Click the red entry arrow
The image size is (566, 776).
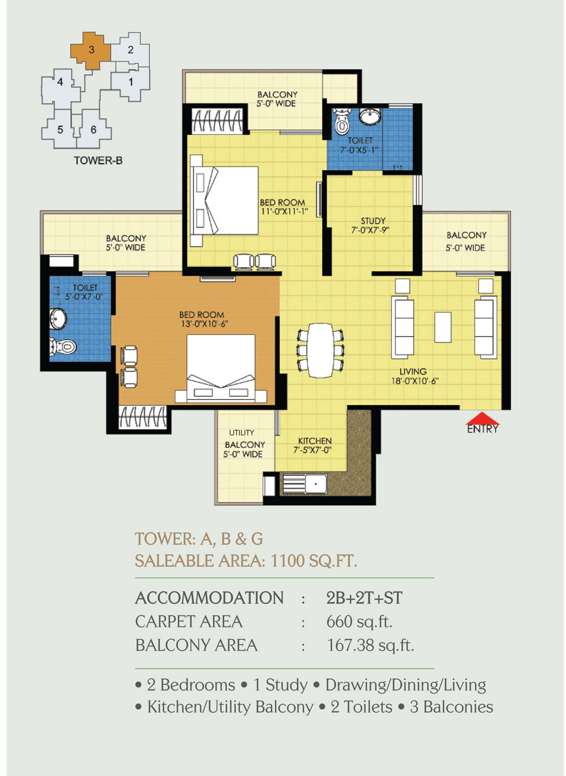pyautogui.click(x=482, y=418)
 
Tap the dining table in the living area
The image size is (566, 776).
pyautogui.click(x=321, y=350)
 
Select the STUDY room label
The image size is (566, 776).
pyautogui.click(x=373, y=221)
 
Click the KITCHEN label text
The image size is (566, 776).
pyautogui.click(x=315, y=441)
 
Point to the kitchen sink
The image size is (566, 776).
pyautogui.click(x=316, y=483)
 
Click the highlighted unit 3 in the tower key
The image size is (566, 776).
pyautogui.click(x=91, y=50)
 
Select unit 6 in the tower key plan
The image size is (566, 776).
pyautogui.click(x=93, y=129)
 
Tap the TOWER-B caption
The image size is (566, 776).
pyautogui.click(x=98, y=160)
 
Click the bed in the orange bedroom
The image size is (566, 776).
pyautogui.click(x=221, y=368)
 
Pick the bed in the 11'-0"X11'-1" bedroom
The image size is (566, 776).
pyautogui.click(x=225, y=200)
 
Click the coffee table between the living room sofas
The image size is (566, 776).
pyautogui.click(x=443, y=327)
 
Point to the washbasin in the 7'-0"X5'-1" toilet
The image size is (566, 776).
pyautogui.click(x=370, y=116)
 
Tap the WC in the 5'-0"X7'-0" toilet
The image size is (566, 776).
pyautogui.click(x=63, y=346)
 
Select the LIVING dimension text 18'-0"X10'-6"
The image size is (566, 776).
pyautogui.click(x=415, y=381)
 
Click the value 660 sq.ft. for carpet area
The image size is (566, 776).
pyautogui.click(x=359, y=621)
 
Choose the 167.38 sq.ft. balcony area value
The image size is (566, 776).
pyautogui.click(x=370, y=645)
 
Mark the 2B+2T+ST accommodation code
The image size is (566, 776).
pyautogui.click(x=364, y=598)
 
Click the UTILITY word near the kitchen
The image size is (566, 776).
pyautogui.click(x=242, y=432)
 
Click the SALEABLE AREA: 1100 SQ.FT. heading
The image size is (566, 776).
pyautogui.click(x=246, y=560)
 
